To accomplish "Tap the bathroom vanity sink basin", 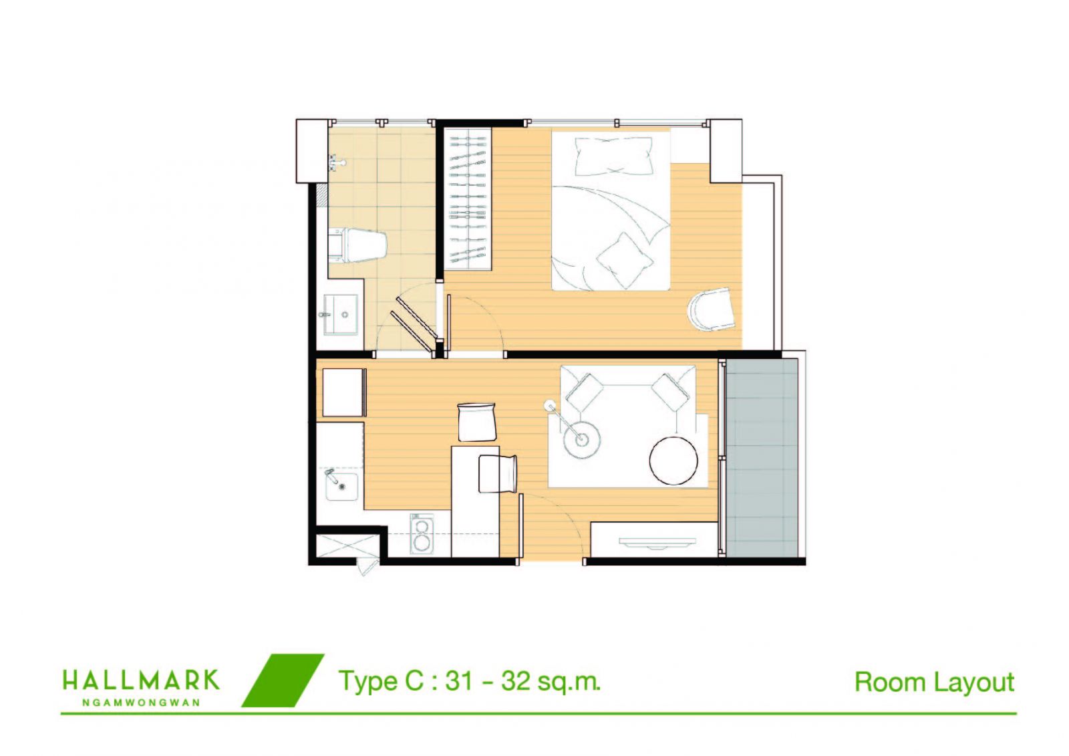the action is click(x=341, y=313).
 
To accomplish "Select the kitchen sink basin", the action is click(x=341, y=486).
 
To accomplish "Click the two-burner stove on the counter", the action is click(x=422, y=534).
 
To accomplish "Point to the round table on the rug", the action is click(x=673, y=461).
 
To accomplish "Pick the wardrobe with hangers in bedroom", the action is click(x=468, y=199).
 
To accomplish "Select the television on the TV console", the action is click(x=657, y=541).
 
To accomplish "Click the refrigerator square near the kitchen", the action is click(x=343, y=392).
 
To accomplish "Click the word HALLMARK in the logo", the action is click(x=141, y=680).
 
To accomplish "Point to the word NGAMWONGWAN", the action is click(x=141, y=703).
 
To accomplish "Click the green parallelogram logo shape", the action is click(x=283, y=680).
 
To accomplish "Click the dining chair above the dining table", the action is click(x=476, y=422).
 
